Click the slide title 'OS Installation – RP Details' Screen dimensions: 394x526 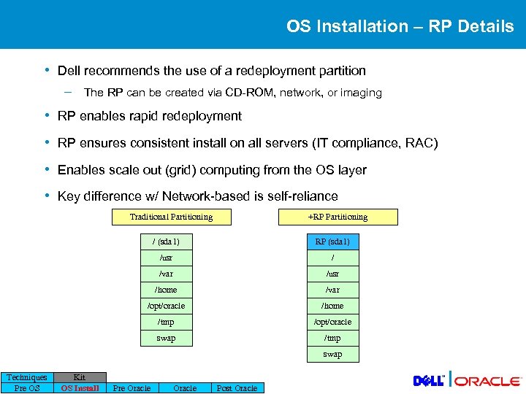pyautogui.click(x=400, y=26)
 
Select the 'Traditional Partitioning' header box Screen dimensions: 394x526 pyautogui.click(x=171, y=217)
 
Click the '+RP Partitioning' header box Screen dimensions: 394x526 pyautogui.click(x=338, y=217)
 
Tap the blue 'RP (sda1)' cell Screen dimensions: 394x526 pyautogui.click(x=332, y=242)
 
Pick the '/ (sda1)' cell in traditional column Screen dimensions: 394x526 pyautogui.click(x=166, y=242)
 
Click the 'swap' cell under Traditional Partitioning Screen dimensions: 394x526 pyautogui.click(x=166, y=338)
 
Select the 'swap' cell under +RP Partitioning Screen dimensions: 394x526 pyautogui.click(x=332, y=354)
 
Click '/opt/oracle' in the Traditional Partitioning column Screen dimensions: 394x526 pyautogui.click(x=166, y=306)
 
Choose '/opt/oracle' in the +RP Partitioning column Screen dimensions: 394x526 pyautogui.click(x=332, y=322)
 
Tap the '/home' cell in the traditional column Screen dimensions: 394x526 pyautogui.click(x=166, y=290)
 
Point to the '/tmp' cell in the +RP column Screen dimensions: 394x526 pyautogui.click(x=332, y=338)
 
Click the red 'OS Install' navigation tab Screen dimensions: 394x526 pyautogui.click(x=80, y=388)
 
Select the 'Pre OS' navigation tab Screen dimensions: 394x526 pyautogui.click(x=27, y=388)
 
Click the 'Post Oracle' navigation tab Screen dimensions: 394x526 pyautogui.click(x=237, y=388)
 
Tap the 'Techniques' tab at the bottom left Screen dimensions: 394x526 pyautogui.click(x=27, y=377)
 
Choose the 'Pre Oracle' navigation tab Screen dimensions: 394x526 pyautogui.click(x=131, y=388)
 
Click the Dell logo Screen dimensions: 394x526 pyautogui.click(x=429, y=380)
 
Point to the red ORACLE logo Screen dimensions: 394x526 pyautogui.click(x=489, y=381)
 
